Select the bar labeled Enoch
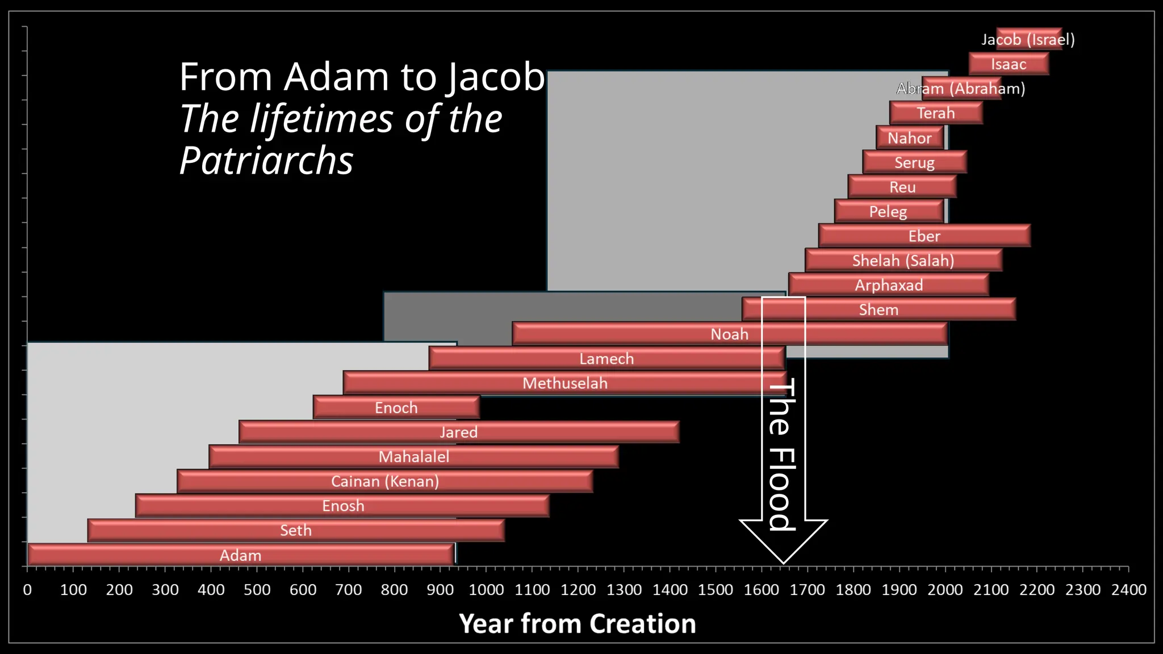tap(396, 408)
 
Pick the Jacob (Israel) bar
tap(1029, 39)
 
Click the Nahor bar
tap(910, 138)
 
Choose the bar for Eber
tap(924, 236)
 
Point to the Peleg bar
tap(889, 211)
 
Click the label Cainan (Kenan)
tap(385, 481)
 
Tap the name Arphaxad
tap(889, 285)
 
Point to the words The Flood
tap(783, 454)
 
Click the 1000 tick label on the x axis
tap(486, 590)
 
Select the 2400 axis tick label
tap(1128, 590)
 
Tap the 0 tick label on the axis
tap(27, 590)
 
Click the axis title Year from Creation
tap(577, 623)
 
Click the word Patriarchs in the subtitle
tap(266, 161)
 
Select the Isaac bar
tap(1009, 64)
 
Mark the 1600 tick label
tap(761, 590)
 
